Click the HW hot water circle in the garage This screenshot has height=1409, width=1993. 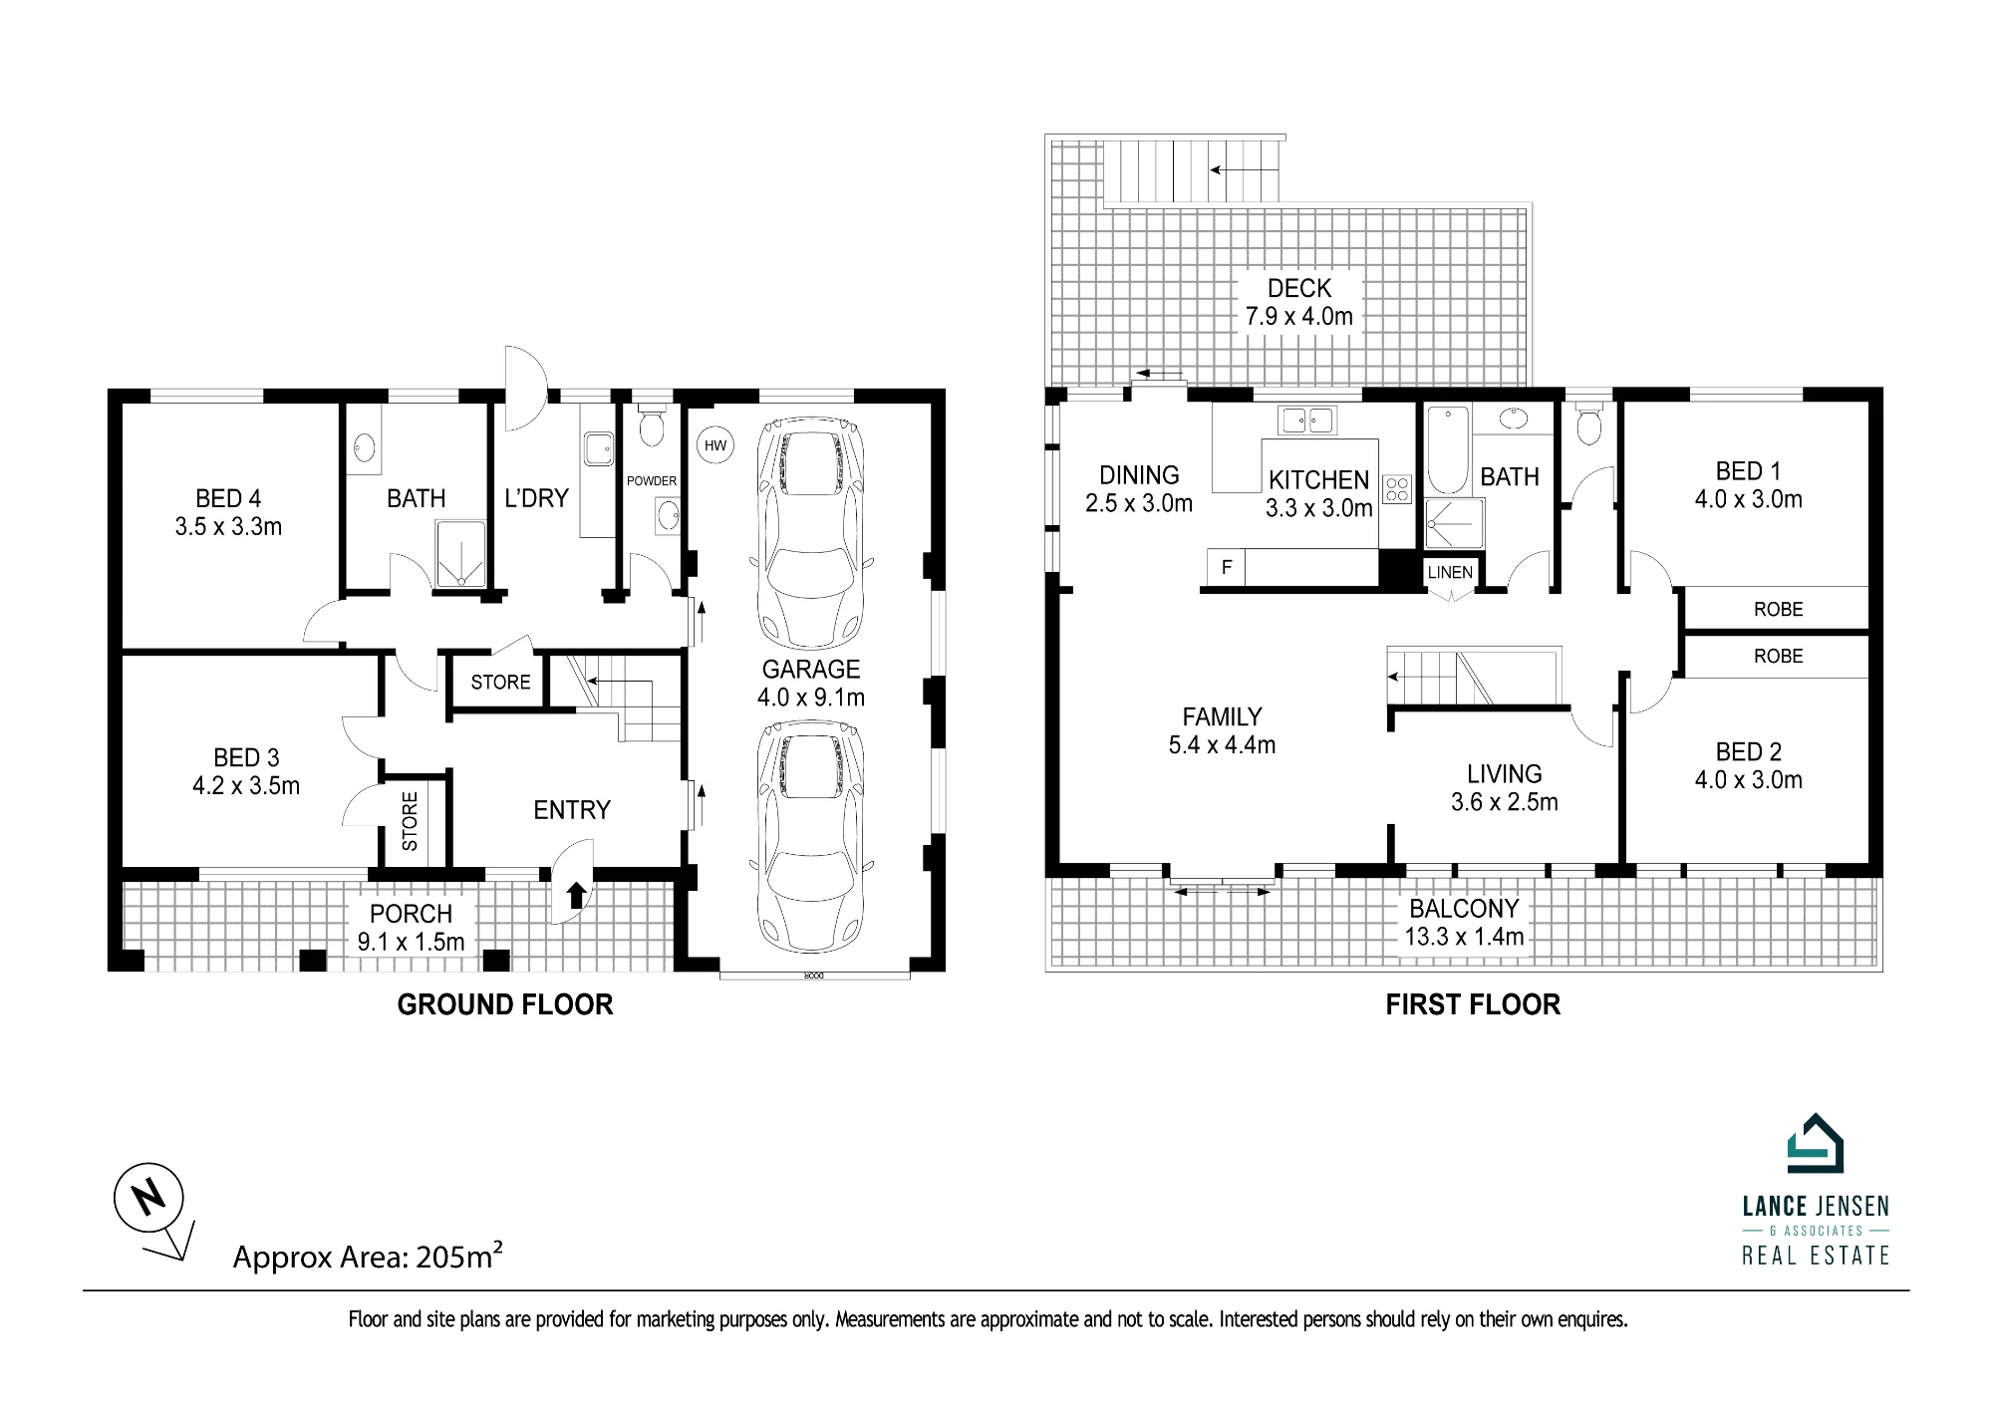715,445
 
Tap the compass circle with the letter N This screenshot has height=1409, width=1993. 148,1197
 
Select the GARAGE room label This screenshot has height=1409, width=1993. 811,670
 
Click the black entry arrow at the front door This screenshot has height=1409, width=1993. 576,895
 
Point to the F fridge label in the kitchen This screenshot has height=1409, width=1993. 1227,567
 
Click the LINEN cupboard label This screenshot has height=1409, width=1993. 1450,572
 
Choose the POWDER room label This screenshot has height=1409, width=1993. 652,481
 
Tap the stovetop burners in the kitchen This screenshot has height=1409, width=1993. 1397,488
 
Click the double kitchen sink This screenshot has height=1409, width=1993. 1308,421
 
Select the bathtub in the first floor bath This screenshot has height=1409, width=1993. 1447,450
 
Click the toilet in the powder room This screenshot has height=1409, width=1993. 652,425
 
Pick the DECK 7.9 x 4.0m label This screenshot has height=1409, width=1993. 1299,303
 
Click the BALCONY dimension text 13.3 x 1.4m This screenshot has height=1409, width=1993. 1465,937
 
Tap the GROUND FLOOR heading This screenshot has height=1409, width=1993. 505,1004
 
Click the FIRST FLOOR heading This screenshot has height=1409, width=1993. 1473,1004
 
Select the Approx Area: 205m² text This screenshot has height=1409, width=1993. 368,1256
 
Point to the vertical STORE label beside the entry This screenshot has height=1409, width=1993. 410,821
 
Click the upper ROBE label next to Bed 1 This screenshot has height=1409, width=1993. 1779,609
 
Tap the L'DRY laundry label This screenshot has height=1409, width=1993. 536,498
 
